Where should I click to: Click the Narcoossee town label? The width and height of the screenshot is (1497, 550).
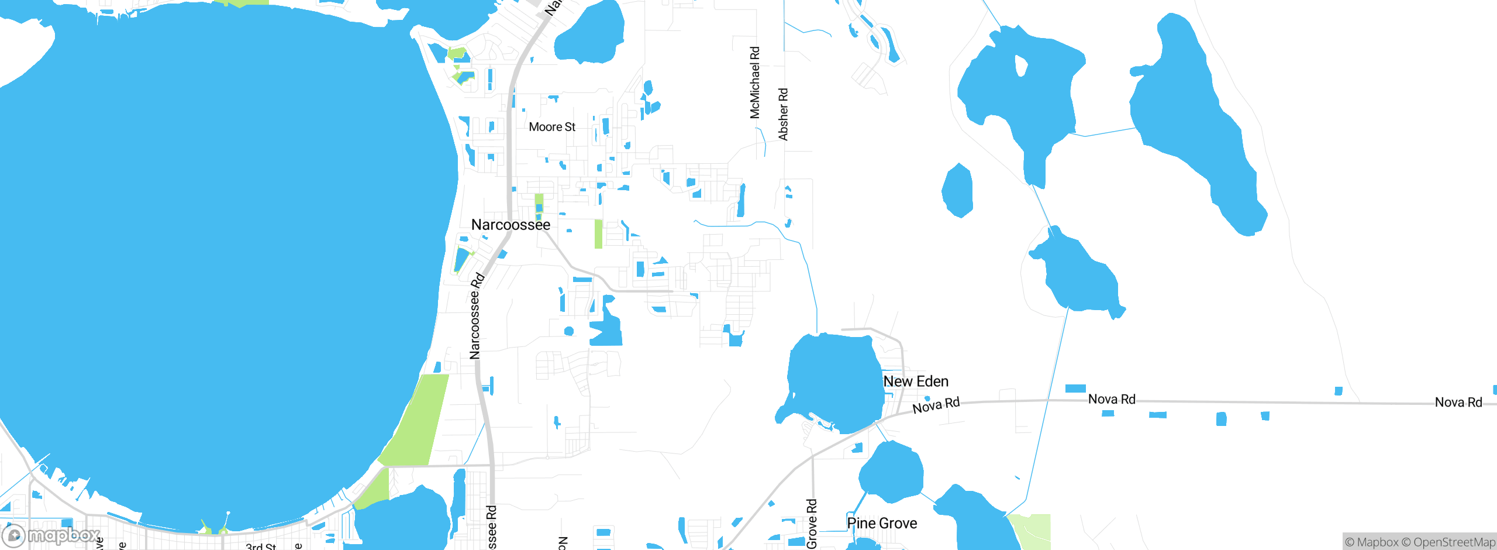click(511, 225)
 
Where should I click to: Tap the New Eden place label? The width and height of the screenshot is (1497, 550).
click(916, 381)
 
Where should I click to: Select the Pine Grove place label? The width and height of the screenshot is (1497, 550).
click(882, 523)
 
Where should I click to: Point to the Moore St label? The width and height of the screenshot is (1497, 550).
click(552, 127)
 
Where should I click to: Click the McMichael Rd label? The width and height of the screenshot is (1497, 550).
click(755, 82)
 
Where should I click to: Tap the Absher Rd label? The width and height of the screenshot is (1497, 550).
click(783, 114)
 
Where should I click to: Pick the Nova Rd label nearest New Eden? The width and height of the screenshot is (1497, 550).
click(936, 405)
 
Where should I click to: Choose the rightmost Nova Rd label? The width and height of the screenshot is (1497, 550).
click(1458, 402)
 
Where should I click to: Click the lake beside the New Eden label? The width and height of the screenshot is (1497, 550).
click(833, 380)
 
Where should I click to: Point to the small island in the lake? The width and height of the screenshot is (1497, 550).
click(1021, 66)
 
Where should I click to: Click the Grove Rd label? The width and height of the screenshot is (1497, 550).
click(812, 524)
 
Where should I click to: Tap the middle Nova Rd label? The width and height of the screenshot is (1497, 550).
click(1112, 399)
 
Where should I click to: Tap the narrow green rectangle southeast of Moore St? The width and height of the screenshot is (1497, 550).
click(598, 234)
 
